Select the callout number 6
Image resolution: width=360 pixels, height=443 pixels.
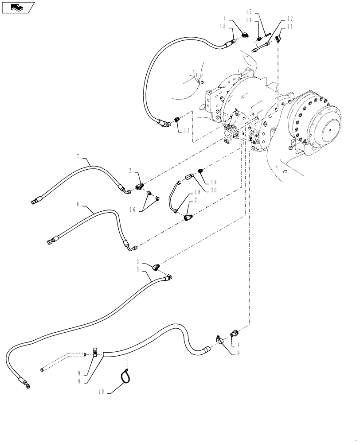(78, 204)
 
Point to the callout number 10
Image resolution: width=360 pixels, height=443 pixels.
(102, 392)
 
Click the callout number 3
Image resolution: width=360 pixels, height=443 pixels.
(138, 262)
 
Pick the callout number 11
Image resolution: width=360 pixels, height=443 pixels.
(290, 27)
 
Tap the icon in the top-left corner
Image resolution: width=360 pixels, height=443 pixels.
(18, 7)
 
